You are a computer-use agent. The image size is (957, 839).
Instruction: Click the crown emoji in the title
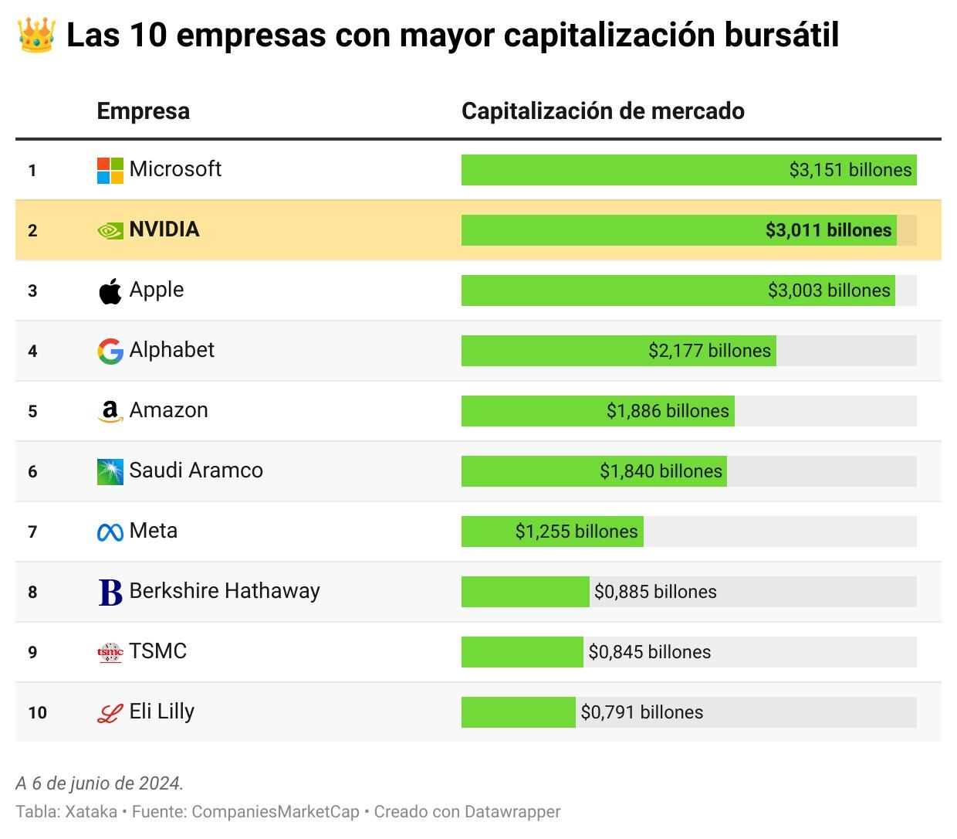[36, 36]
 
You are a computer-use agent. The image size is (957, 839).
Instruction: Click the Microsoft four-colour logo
[110, 171]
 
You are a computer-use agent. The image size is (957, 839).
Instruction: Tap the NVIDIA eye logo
[110, 231]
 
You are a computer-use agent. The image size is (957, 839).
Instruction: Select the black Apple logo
[110, 291]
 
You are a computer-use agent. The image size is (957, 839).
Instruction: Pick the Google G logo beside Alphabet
[110, 352]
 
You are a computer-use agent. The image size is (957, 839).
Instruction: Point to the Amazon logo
[110, 412]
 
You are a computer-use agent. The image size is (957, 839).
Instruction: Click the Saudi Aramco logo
[110, 472]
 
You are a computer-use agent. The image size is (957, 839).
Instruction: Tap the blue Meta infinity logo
[110, 532]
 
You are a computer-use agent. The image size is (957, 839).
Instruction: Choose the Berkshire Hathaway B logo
[110, 593]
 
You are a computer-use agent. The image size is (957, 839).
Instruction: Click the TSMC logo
[110, 653]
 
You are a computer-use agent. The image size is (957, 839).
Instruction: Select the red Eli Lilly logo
[110, 713]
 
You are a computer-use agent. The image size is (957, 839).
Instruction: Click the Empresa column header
[144, 111]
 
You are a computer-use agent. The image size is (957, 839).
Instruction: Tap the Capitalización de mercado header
[603, 111]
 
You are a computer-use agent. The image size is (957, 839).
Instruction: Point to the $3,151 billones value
[850, 170]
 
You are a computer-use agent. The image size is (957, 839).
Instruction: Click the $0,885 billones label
[655, 592]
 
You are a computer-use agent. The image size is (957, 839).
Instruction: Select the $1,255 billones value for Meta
[577, 532]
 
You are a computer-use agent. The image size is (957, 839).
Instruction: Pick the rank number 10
[37, 712]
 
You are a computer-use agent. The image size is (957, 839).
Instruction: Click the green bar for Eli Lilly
[518, 712]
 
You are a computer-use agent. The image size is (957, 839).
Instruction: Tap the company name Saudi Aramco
[196, 470]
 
